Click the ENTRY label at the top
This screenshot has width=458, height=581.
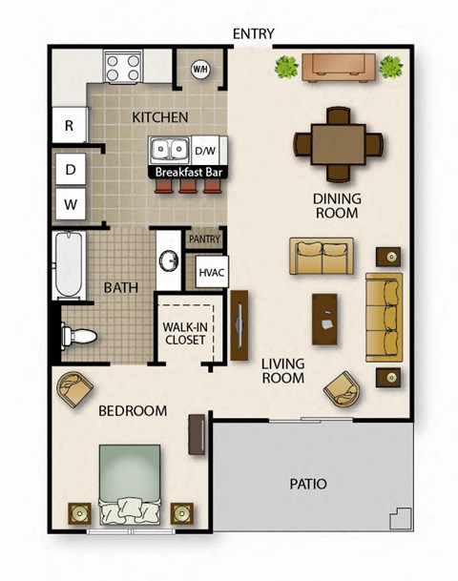tap(254, 33)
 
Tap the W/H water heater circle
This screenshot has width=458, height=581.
tap(201, 69)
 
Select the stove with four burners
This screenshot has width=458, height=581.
tap(124, 68)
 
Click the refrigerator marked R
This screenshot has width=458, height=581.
tap(70, 125)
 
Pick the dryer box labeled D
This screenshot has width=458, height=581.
tap(70, 170)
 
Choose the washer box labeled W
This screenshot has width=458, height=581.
tap(70, 202)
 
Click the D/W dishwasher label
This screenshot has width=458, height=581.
tap(205, 151)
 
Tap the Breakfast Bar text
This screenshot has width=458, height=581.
tap(182, 173)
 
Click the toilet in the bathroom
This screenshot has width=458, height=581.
tap(80, 335)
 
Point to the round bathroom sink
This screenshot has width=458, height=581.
tap(168, 260)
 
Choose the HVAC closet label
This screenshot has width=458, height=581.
tap(211, 273)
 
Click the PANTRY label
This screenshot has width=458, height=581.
tap(205, 239)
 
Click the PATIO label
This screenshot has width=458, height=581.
tap(308, 485)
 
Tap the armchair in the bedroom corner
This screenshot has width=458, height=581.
tap(75, 387)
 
